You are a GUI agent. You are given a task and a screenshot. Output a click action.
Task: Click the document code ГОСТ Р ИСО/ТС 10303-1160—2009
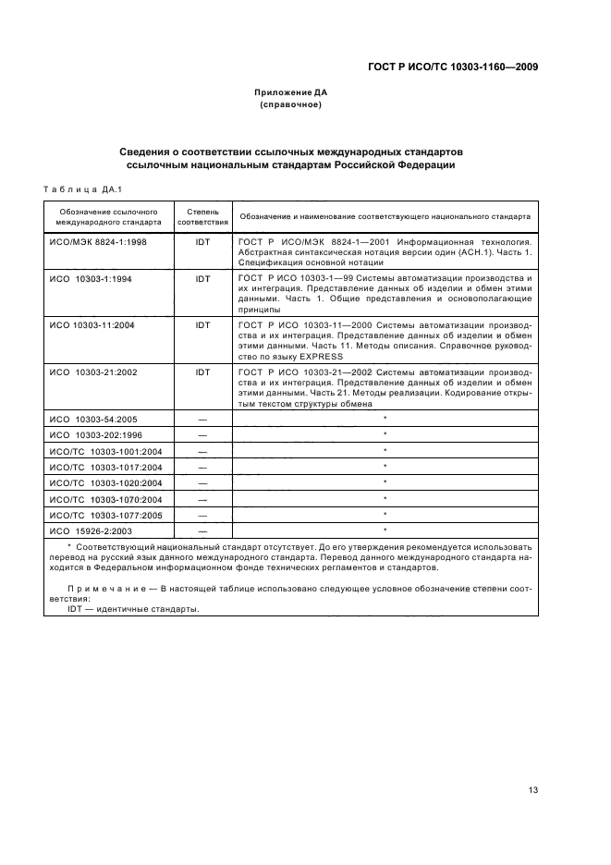451,67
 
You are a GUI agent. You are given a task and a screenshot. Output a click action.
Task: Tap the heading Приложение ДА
291,92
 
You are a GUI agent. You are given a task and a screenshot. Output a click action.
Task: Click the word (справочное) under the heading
291,105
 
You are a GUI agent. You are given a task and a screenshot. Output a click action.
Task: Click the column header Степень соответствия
202,216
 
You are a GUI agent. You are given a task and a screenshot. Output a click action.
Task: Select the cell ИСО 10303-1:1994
92,277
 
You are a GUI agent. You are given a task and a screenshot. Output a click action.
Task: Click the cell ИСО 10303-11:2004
93,325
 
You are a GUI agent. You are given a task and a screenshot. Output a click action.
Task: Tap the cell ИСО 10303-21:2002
93,372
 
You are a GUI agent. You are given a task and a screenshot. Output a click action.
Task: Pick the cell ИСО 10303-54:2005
93,419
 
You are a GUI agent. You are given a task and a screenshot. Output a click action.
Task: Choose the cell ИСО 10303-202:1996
95,434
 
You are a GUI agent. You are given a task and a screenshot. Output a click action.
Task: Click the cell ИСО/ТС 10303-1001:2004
105,451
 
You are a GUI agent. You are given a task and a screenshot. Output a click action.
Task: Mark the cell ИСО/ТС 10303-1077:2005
105,514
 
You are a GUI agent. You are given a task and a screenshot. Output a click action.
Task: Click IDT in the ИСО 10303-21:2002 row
202,372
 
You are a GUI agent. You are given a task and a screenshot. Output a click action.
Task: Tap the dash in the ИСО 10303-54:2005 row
202,419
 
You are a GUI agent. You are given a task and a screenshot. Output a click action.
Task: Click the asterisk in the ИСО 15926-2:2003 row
384,530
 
